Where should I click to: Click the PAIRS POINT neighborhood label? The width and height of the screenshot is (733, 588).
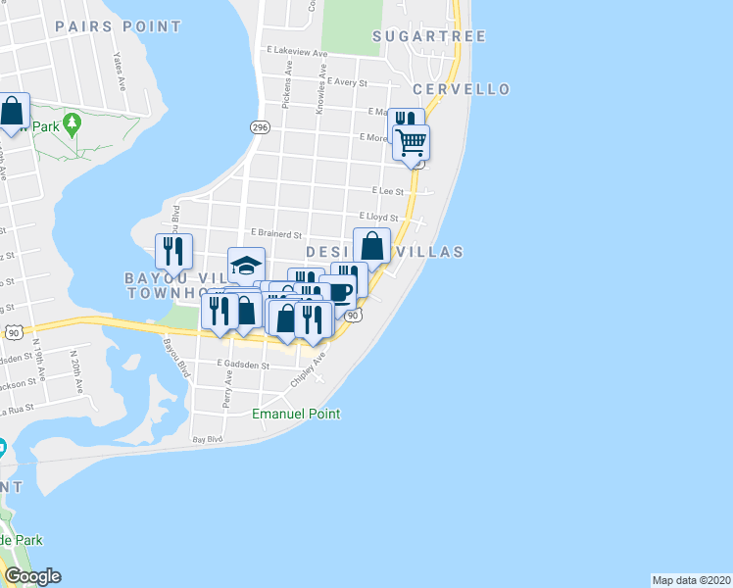pos(118,26)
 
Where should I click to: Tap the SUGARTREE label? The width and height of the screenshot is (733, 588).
pos(430,36)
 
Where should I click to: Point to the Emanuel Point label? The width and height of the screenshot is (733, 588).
pos(296,414)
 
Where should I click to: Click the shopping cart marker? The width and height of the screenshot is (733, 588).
pos(412,142)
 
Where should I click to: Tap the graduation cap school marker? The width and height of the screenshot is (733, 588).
pos(246,265)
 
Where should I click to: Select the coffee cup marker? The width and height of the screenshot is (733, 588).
pos(338,291)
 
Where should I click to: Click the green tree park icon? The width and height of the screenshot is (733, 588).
pos(71,124)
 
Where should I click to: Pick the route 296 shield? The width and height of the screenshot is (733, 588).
pos(259,127)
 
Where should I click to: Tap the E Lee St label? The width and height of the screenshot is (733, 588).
pos(388,191)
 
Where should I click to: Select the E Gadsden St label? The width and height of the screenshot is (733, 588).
pos(243,364)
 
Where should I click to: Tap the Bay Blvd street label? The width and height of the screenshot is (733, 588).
pos(208,440)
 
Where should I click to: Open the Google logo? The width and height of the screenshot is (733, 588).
pos(32,576)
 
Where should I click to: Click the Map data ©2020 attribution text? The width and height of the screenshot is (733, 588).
pos(691,579)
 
